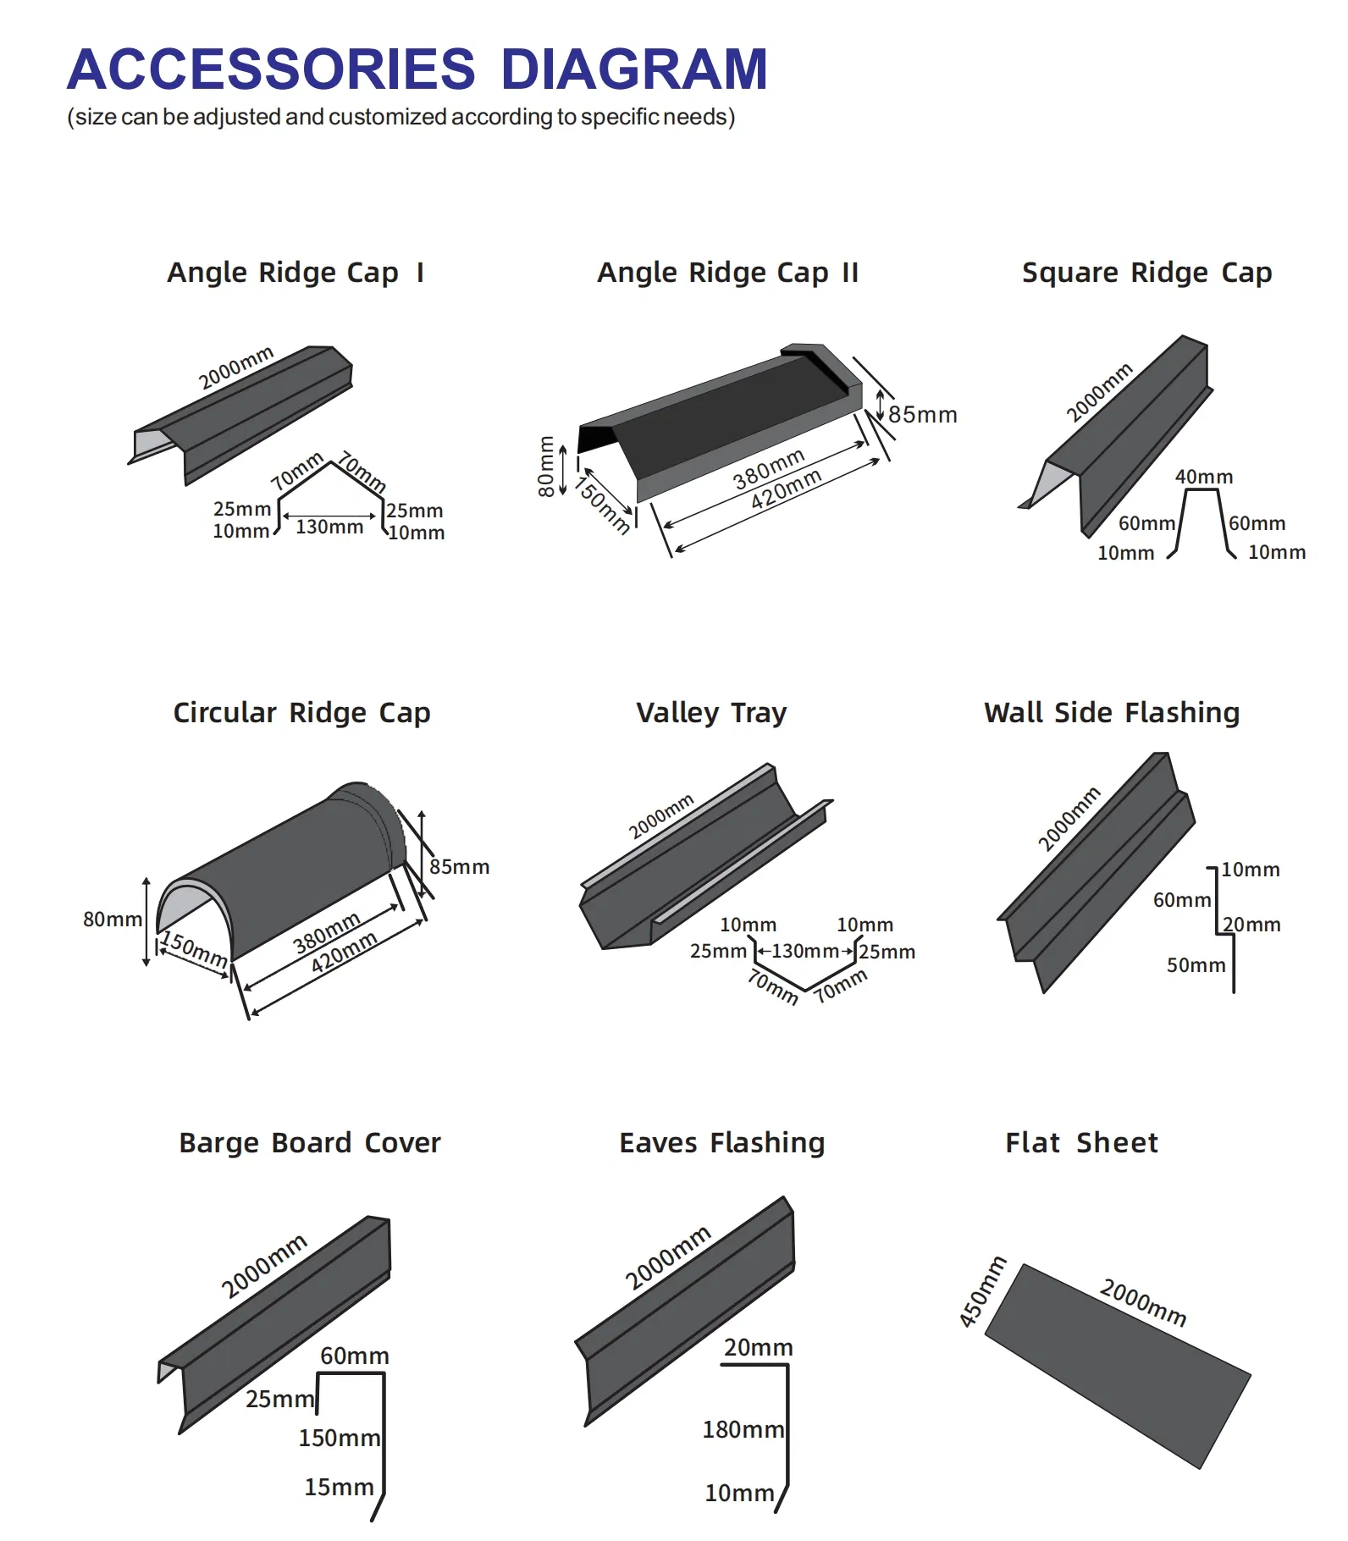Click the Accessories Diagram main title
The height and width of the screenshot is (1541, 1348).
[417, 69]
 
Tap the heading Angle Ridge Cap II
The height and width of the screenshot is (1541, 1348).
[727, 273]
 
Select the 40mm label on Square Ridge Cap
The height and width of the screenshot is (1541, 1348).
[1203, 477]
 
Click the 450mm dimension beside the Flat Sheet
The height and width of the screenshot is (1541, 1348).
[982, 1293]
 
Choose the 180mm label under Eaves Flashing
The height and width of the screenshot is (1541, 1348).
[743, 1430]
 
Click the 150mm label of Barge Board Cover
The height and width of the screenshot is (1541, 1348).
[339, 1438]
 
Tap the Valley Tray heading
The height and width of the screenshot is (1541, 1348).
[711, 713]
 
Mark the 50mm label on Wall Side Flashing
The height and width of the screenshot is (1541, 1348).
[1196, 965]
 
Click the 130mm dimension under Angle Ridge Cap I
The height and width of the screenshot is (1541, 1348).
[329, 527]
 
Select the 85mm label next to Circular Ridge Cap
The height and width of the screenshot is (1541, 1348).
[459, 867]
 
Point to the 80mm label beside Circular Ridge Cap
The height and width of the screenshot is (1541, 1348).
[112, 920]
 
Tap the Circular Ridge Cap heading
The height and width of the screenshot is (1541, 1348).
[301, 713]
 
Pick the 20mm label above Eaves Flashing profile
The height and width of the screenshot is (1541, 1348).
[758, 1347]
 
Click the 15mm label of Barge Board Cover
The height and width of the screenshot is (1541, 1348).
[339, 1487]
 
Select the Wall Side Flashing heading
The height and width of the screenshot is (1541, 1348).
[1111, 713]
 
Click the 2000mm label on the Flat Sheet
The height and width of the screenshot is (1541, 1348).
[1142, 1302]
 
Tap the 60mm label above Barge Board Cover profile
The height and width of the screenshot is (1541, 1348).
[354, 1356]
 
